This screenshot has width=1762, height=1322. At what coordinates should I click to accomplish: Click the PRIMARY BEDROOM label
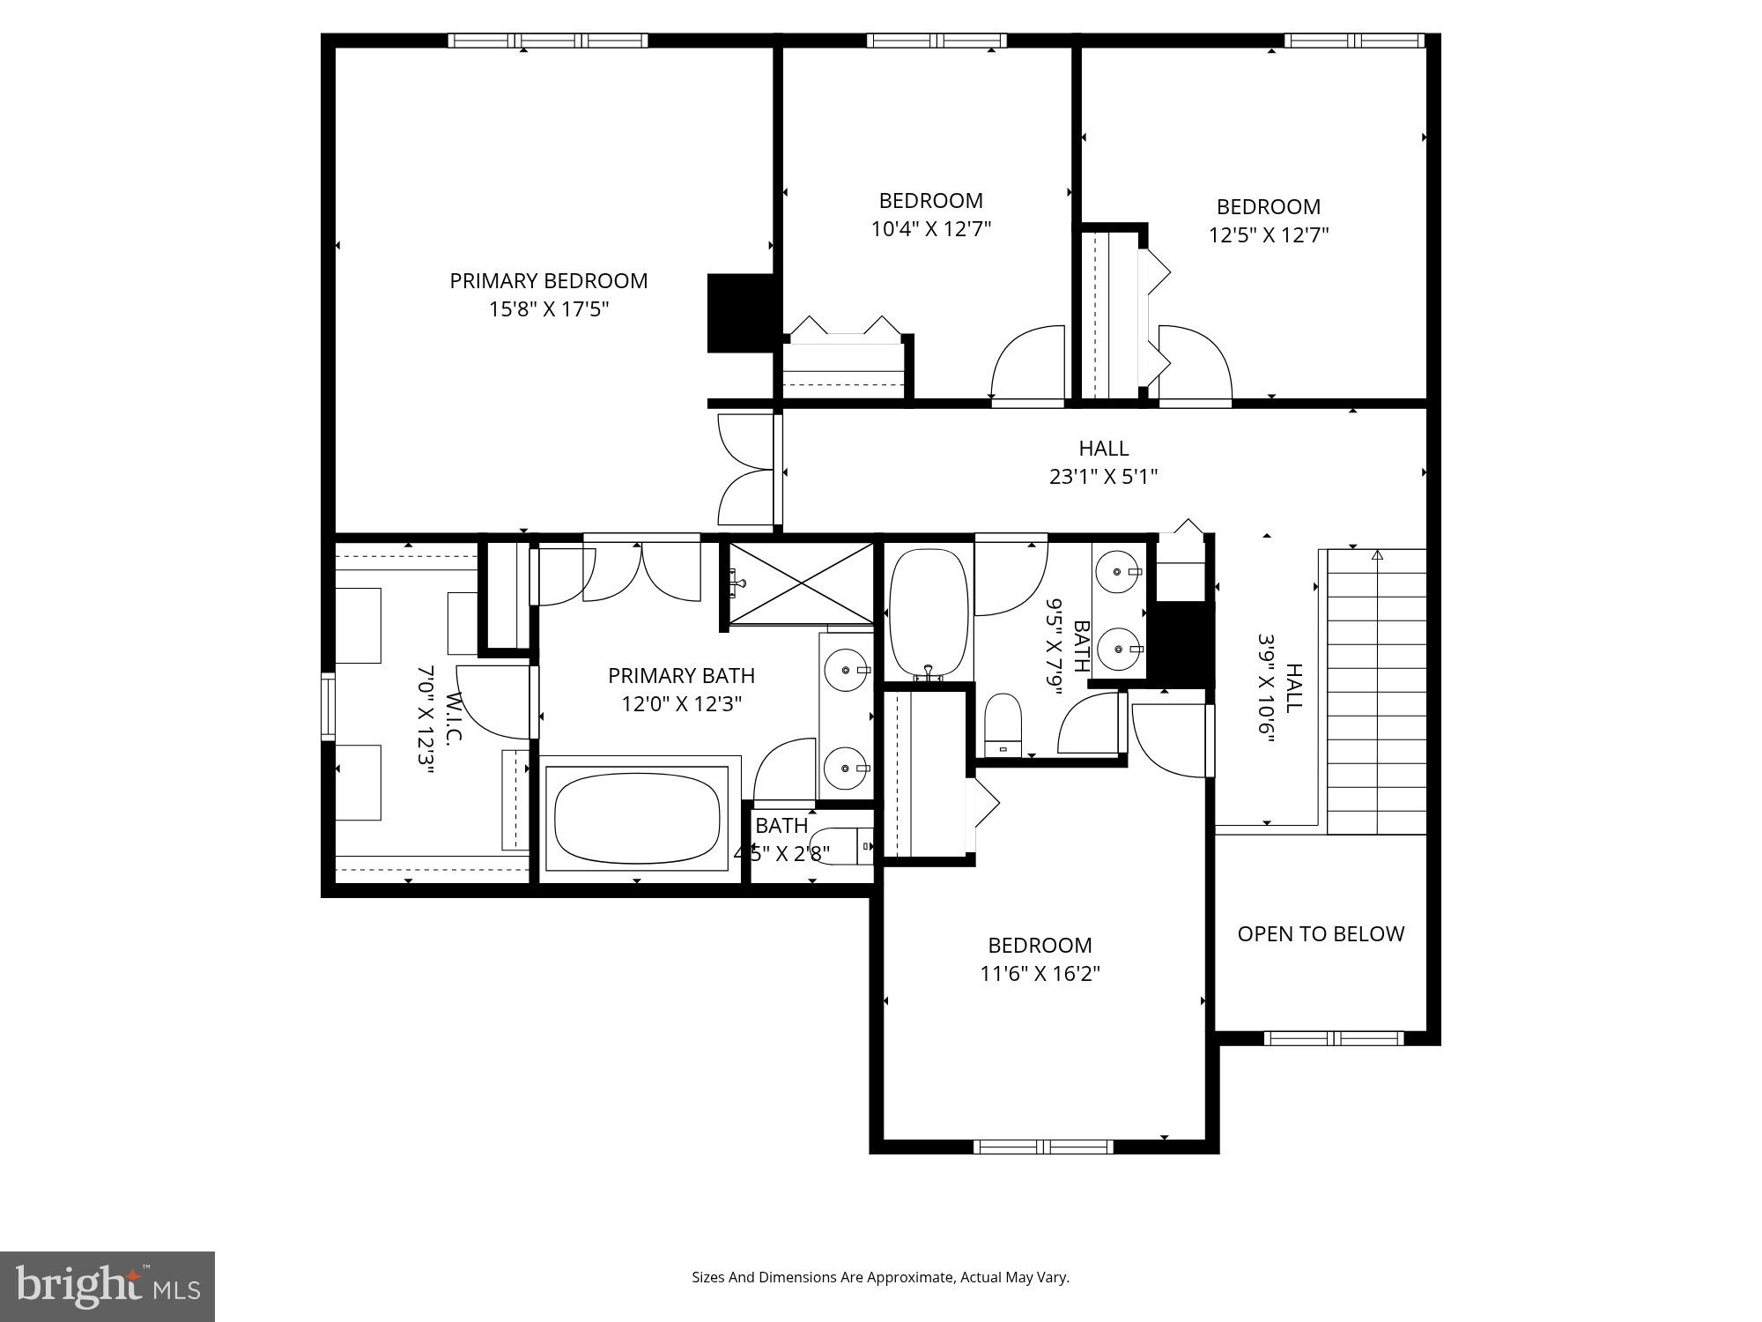[548, 281]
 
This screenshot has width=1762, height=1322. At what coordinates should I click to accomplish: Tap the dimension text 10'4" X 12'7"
[931, 229]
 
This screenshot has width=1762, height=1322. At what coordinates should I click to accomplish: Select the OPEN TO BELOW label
[1320, 934]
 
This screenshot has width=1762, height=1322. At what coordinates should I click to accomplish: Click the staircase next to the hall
[1376, 692]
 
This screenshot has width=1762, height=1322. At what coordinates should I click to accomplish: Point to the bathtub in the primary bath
[637, 819]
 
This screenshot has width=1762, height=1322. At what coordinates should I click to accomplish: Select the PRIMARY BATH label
[681, 676]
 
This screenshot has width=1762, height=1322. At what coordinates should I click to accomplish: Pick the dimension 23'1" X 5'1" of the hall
[1103, 477]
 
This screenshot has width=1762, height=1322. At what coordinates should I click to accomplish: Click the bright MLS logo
[107, 1286]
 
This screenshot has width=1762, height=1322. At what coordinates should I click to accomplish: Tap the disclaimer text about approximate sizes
[880, 1277]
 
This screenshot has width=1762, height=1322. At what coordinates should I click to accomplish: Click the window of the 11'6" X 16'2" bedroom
[1043, 1147]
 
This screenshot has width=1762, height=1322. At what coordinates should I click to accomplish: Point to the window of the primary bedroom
[547, 41]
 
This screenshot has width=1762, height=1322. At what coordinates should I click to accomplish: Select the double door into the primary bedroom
[747, 470]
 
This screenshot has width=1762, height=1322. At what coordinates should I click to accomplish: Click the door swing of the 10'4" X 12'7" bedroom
[1028, 363]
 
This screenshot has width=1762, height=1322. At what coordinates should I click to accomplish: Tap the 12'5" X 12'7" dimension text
[1268, 235]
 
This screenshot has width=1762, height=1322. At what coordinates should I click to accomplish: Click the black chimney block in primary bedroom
[740, 313]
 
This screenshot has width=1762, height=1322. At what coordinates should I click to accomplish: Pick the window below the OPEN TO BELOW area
[1333, 1038]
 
